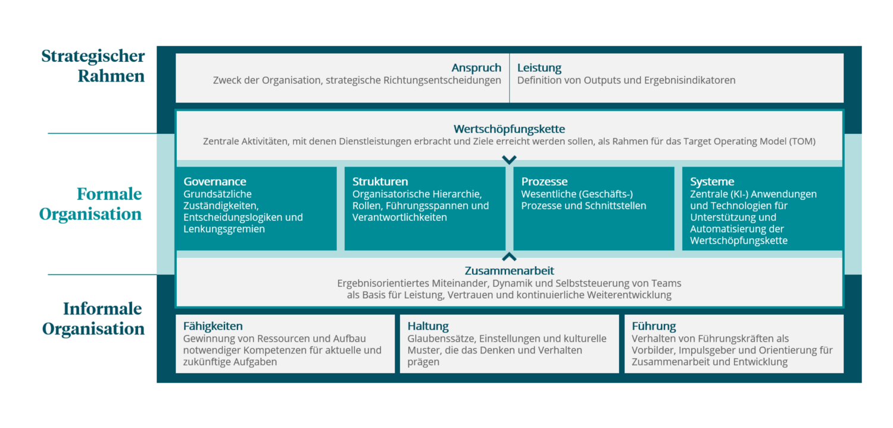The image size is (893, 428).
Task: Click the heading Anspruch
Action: click(476, 68)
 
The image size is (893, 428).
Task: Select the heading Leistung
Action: click(539, 68)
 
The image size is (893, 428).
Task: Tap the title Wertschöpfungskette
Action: click(509, 129)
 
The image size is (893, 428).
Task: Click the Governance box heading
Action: click(214, 182)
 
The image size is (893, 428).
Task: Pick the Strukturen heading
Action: click(380, 182)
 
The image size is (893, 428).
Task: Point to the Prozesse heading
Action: click(544, 182)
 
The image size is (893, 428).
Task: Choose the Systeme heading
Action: click(712, 182)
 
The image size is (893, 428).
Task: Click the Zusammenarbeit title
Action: click(509, 271)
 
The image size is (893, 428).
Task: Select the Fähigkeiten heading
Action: click(213, 326)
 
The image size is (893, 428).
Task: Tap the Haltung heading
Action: click(428, 326)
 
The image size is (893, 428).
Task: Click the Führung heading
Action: click(654, 326)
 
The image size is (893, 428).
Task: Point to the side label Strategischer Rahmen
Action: click(93, 66)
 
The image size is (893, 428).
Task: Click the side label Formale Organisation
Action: click(91, 204)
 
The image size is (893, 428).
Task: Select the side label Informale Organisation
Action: click(93, 318)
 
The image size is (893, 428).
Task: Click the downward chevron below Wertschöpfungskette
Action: click(509, 160)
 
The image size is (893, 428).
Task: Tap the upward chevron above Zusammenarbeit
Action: click(509, 257)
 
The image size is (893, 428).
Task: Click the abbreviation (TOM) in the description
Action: click(801, 142)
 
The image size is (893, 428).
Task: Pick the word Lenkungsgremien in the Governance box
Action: click(224, 229)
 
